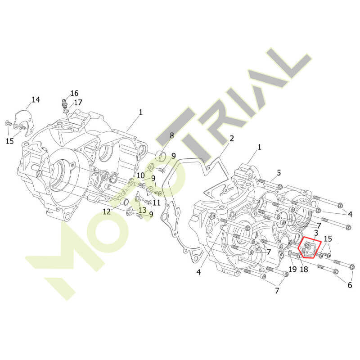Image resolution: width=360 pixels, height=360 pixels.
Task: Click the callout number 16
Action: click(x=74, y=93)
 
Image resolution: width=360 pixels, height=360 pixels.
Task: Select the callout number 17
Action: click(x=78, y=102)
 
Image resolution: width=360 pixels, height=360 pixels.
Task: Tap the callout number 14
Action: click(x=36, y=99)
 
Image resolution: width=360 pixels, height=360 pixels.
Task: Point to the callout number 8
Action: click(x=172, y=135)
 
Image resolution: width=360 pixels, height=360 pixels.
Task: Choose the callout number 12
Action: click(x=107, y=211)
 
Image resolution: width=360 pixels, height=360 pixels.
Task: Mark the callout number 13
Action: click(x=142, y=210)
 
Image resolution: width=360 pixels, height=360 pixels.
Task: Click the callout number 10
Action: click(x=141, y=175)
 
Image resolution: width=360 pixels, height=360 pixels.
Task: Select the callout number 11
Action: click(x=156, y=202)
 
